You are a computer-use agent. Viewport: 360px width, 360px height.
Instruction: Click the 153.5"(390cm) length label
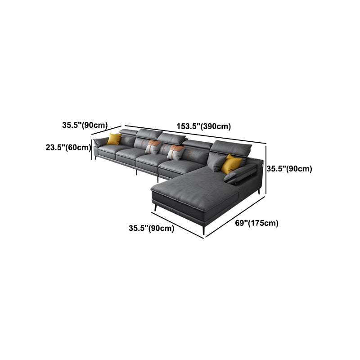tap(203, 126)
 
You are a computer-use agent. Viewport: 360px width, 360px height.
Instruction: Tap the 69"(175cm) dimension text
tap(256, 223)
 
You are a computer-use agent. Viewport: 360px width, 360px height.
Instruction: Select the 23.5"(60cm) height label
tap(68, 147)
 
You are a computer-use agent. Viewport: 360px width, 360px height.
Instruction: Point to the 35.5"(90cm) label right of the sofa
tap(289, 169)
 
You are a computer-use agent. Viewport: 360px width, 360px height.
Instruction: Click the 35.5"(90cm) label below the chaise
tap(151, 228)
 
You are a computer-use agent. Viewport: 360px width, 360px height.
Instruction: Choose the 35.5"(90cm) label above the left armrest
tap(85, 125)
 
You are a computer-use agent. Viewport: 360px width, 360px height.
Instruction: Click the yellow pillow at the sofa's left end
tap(114, 139)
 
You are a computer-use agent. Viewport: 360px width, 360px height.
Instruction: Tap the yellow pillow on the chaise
tap(231, 164)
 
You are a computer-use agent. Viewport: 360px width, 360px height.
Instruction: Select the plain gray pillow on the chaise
tap(216, 162)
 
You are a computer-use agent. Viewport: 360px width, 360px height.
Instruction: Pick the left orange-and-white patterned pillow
tap(153, 147)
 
